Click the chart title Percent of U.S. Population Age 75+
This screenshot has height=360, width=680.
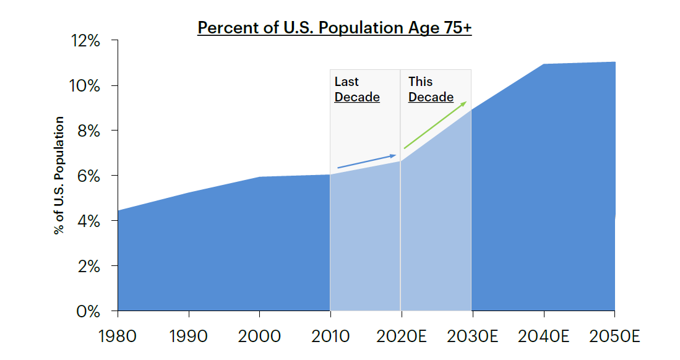click(x=334, y=28)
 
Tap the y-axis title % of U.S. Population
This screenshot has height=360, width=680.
click(x=59, y=175)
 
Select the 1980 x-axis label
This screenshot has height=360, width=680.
click(x=118, y=336)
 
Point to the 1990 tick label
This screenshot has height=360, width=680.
click(x=189, y=336)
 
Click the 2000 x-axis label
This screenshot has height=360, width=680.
click(x=259, y=336)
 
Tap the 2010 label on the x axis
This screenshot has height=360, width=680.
click(x=330, y=336)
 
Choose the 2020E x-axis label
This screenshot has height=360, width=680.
click(x=401, y=336)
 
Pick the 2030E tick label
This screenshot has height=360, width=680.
click(x=472, y=336)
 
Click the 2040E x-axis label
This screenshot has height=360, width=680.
click(x=543, y=336)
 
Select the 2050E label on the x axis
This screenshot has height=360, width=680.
click(x=613, y=336)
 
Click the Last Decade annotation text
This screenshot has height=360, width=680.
click(x=357, y=90)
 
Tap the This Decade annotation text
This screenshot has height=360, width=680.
click(x=431, y=90)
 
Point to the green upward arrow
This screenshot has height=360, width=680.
click(x=435, y=125)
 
